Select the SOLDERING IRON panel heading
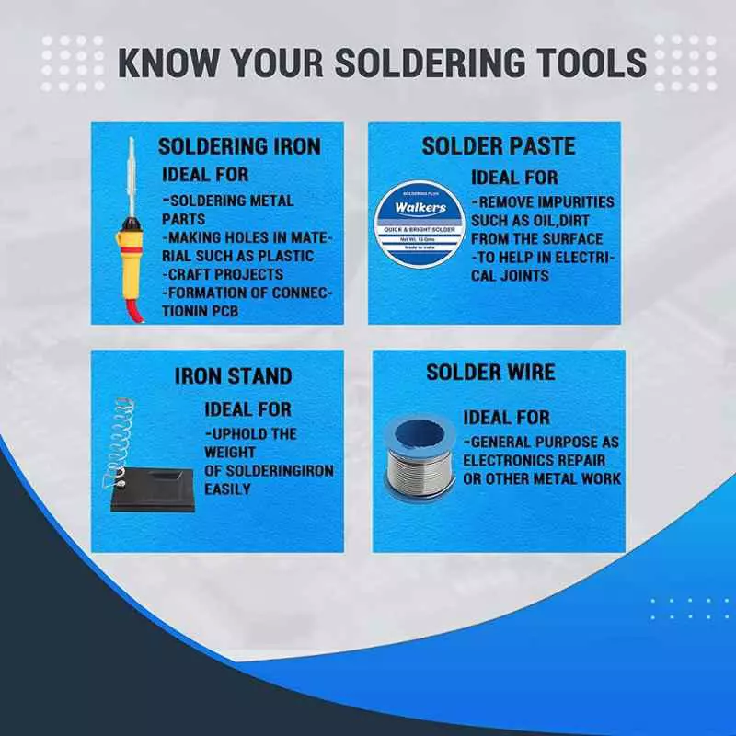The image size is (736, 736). pos(239,146)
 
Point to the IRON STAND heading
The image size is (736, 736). pos(233,375)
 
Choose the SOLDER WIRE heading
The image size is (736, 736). pos(490,372)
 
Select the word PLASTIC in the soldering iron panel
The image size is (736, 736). pos(282,256)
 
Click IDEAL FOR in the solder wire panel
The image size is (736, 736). pos(507,418)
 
